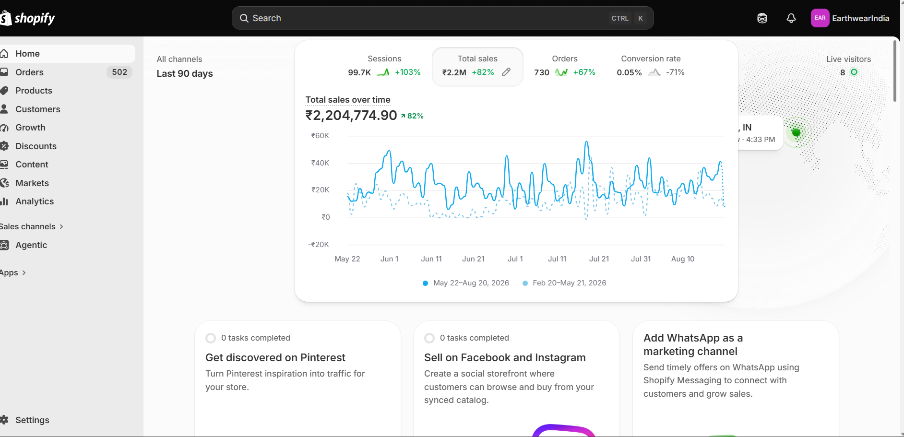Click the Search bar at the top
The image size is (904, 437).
click(442, 18)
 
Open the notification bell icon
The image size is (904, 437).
click(791, 18)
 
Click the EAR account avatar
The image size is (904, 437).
click(820, 18)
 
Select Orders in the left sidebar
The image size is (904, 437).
click(29, 72)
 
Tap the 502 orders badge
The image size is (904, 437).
click(119, 72)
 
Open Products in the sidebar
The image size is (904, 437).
click(34, 91)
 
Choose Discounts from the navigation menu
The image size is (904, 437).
click(36, 146)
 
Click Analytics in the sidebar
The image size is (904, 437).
click(35, 201)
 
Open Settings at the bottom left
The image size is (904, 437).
click(32, 420)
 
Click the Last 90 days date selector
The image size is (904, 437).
click(185, 73)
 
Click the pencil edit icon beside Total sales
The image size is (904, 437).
click(506, 72)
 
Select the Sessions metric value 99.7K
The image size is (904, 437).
click(359, 72)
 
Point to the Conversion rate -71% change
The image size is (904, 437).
click(675, 72)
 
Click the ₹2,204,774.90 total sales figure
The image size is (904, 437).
click(351, 116)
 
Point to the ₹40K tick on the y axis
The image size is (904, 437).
click(320, 163)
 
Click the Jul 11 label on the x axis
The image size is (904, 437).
click(557, 259)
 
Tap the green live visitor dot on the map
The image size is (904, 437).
click(796, 132)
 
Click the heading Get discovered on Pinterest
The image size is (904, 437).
click(275, 358)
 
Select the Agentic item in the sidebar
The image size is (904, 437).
click(31, 245)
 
